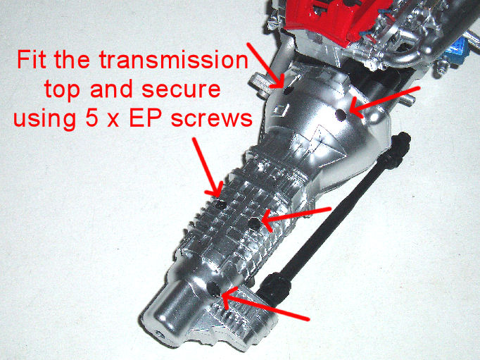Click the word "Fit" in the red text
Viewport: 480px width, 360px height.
[x=32, y=60]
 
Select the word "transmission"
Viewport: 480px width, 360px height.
[x=173, y=60]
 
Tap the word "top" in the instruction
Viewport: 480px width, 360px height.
[x=63, y=90]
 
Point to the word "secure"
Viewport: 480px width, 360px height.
[x=181, y=89]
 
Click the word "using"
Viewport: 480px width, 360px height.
[x=45, y=120]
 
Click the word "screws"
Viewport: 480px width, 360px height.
[x=212, y=119]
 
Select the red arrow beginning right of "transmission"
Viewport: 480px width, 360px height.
[x=265, y=65]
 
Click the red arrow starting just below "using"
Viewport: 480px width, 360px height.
[x=207, y=167]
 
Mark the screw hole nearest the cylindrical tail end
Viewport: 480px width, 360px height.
[x=213, y=289]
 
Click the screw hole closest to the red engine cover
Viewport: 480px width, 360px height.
[x=288, y=89]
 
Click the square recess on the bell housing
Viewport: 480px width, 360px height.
[x=280, y=111]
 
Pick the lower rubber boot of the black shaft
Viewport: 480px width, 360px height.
[x=274, y=287]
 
